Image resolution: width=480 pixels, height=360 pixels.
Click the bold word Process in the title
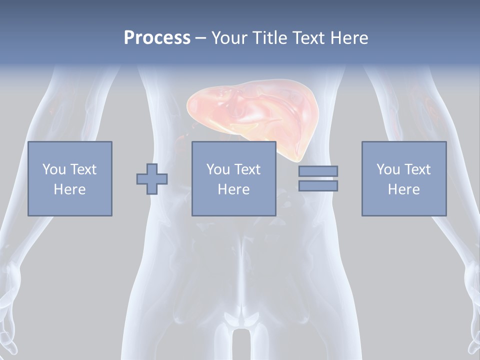tap(157, 38)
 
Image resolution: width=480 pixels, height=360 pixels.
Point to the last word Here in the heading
tap(349, 38)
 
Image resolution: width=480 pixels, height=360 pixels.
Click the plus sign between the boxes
tap(152, 178)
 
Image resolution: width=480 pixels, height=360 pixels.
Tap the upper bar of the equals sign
tap(318, 171)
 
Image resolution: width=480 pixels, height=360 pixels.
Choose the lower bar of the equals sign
tap(318, 186)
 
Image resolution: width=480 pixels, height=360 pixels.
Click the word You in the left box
tap(54, 169)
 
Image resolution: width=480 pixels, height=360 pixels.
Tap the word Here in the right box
tap(404, 189)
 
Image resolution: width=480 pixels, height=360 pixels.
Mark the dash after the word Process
tap(201, 38)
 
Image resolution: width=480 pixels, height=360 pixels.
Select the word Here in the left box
tap(70, 189)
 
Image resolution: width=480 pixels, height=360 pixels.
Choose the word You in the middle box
tap(218, 169)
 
